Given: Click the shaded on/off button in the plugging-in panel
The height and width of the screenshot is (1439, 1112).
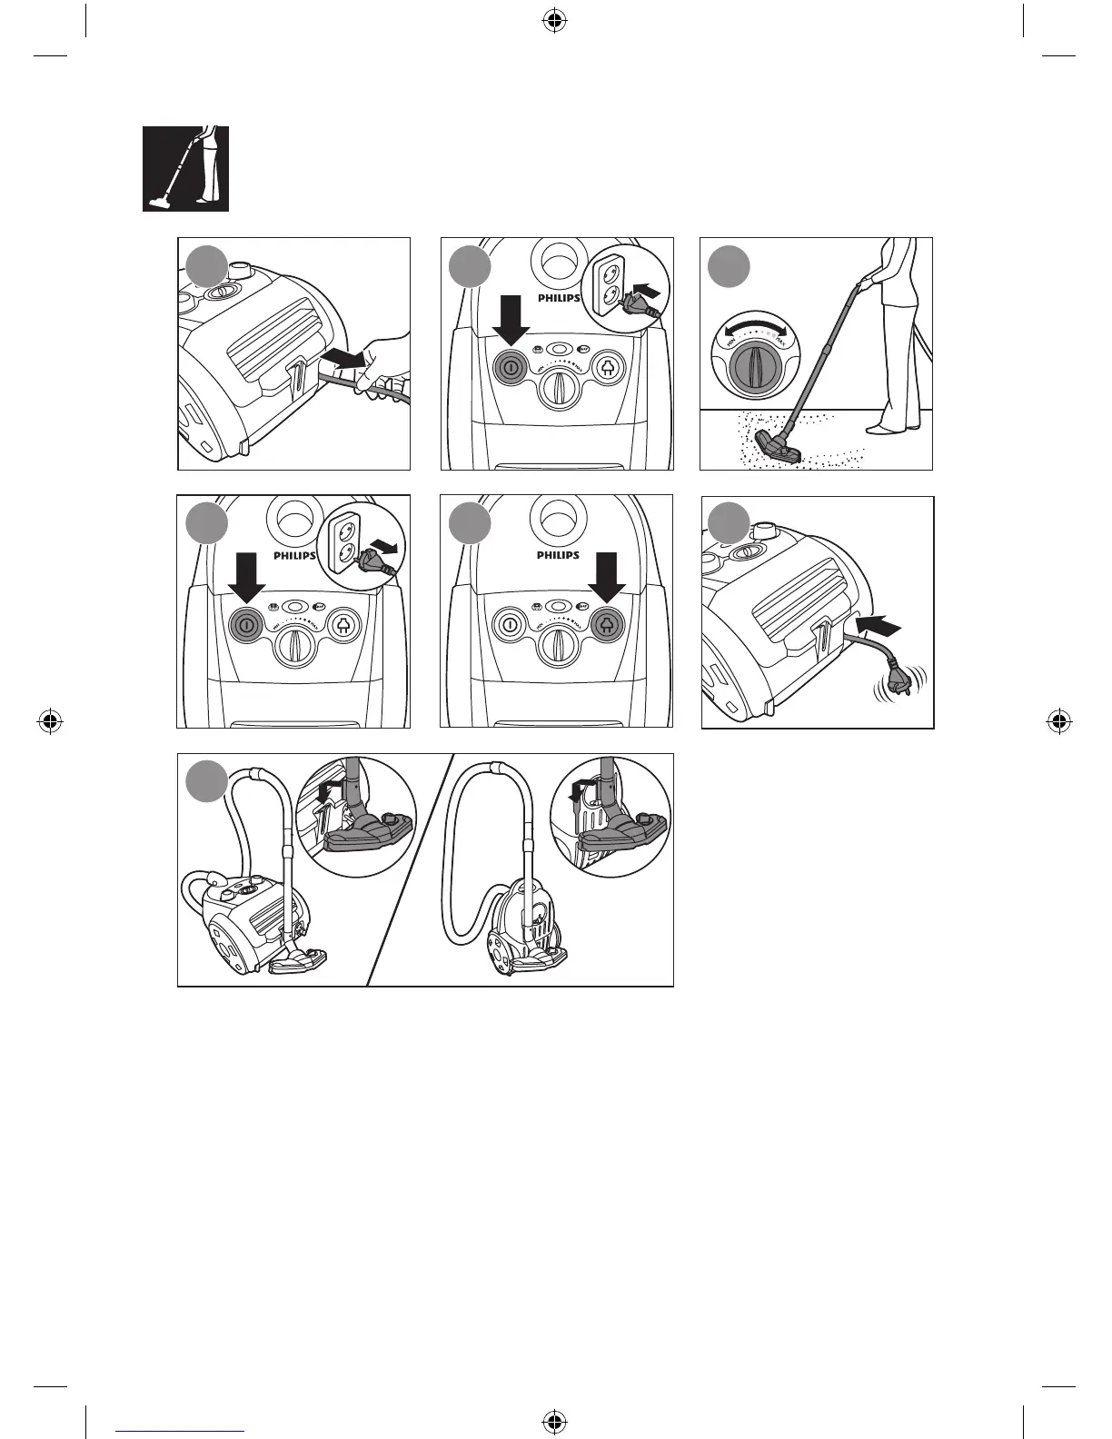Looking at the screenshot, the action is click(510, 369).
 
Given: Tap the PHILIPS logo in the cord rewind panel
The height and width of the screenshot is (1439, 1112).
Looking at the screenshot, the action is click(558, 555).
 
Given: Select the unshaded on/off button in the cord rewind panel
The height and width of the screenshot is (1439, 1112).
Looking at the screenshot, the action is click(510, 625).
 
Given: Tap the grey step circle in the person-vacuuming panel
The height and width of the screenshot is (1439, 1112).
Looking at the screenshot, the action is click(730, 266).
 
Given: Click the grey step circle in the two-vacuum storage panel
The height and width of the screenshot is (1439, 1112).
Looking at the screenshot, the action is click(207, 781).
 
